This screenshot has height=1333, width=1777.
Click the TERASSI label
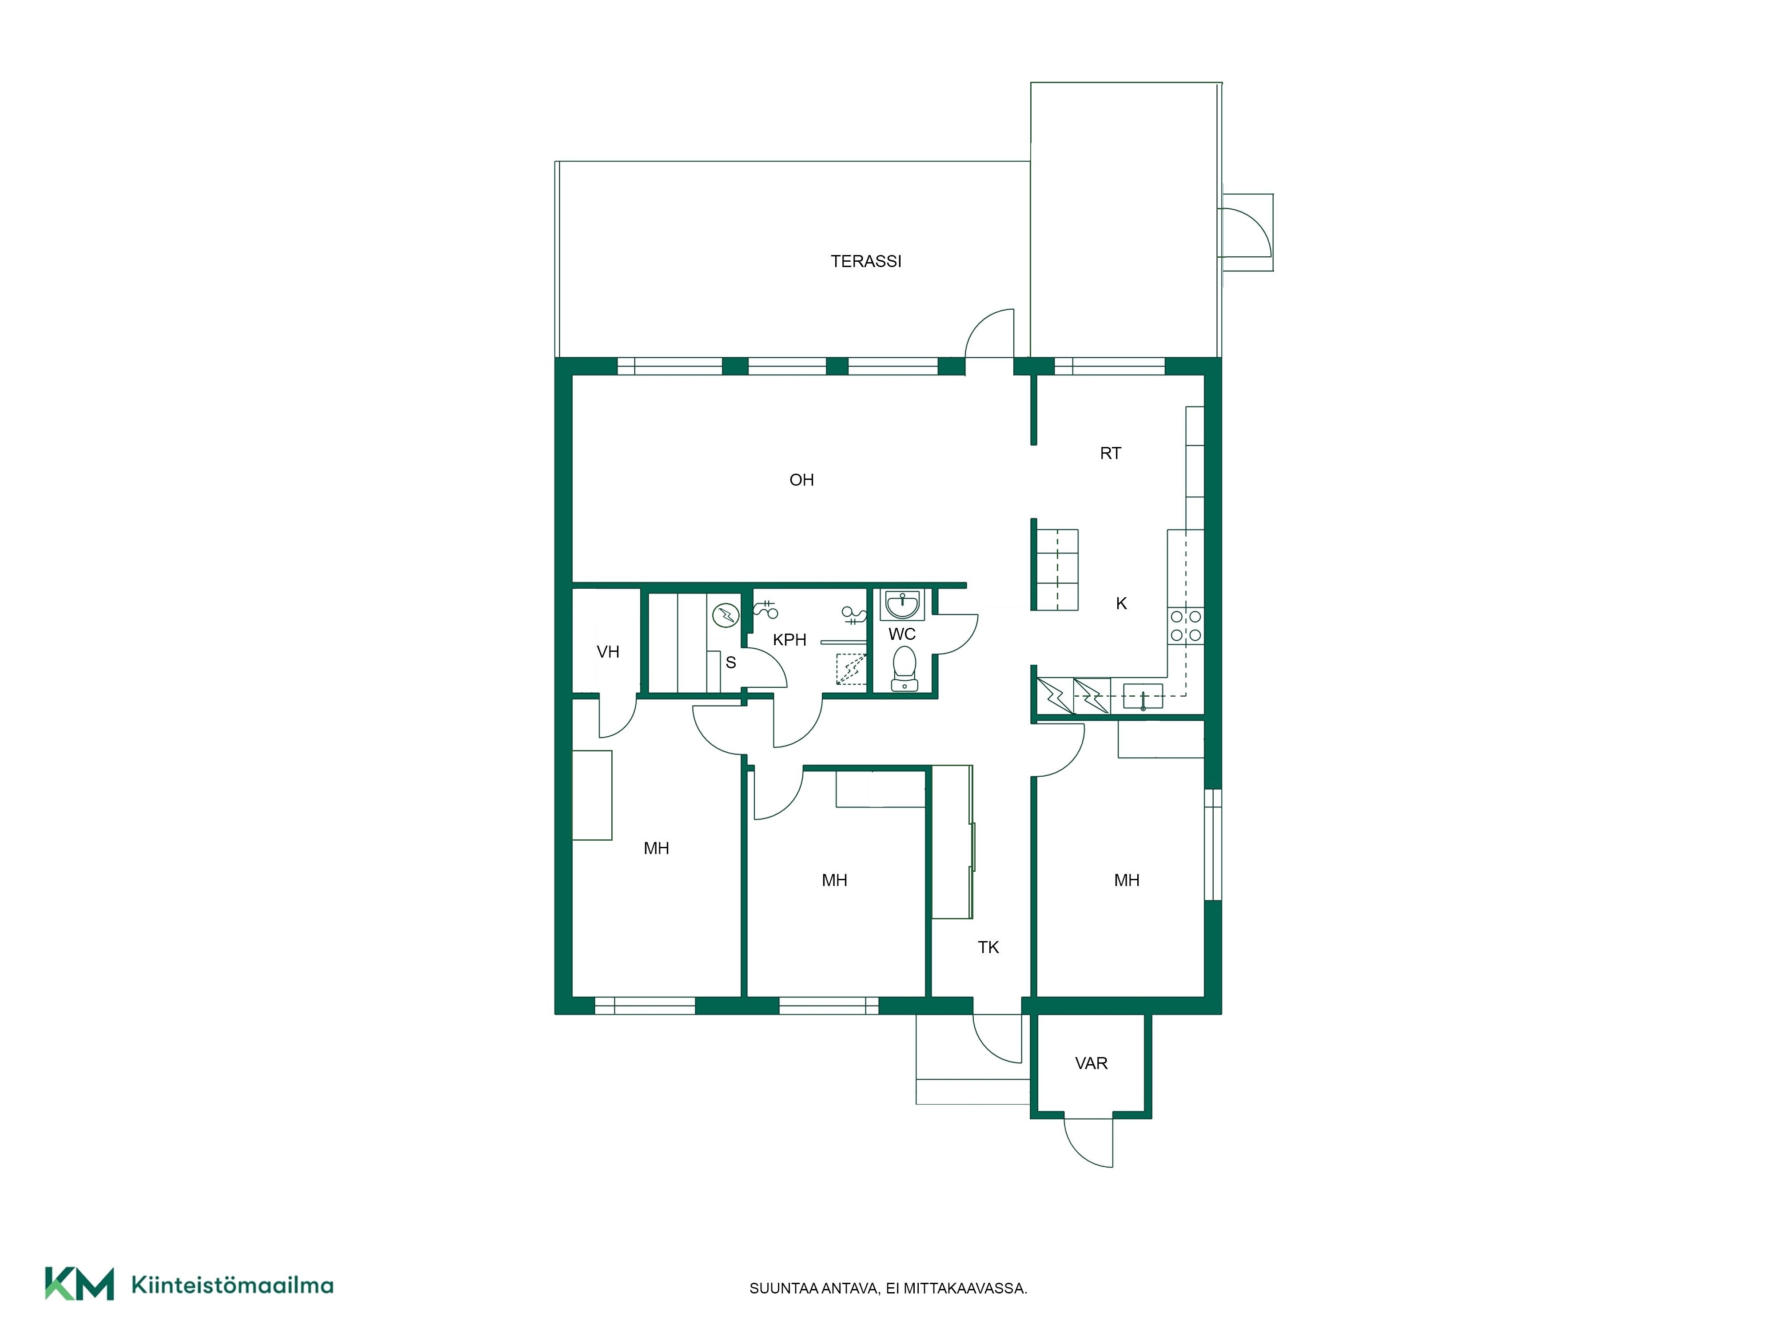(x=865, y=261)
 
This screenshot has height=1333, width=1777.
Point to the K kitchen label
(x=1121, y=603)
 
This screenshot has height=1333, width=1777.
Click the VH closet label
(x=608, y=652)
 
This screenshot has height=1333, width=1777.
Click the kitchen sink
(x=1142, y=696)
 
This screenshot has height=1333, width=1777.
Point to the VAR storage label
(x=1091, y=1063)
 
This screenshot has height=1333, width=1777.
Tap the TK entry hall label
(x=988, y=947)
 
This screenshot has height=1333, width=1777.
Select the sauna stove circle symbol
(x=725, y=615)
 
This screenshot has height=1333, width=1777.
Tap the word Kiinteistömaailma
(x=232, y=1285)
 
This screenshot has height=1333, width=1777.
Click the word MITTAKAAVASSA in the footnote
(x=965, y=1288)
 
